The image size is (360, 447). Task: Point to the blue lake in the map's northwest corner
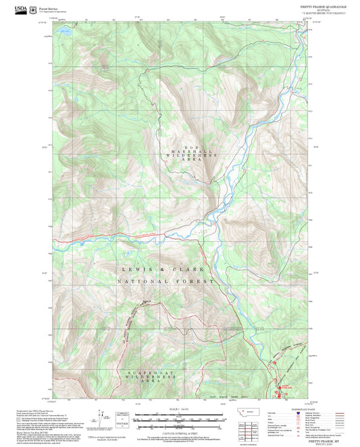(x=65, y=31)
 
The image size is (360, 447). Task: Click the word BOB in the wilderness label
(x=191, y=147)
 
